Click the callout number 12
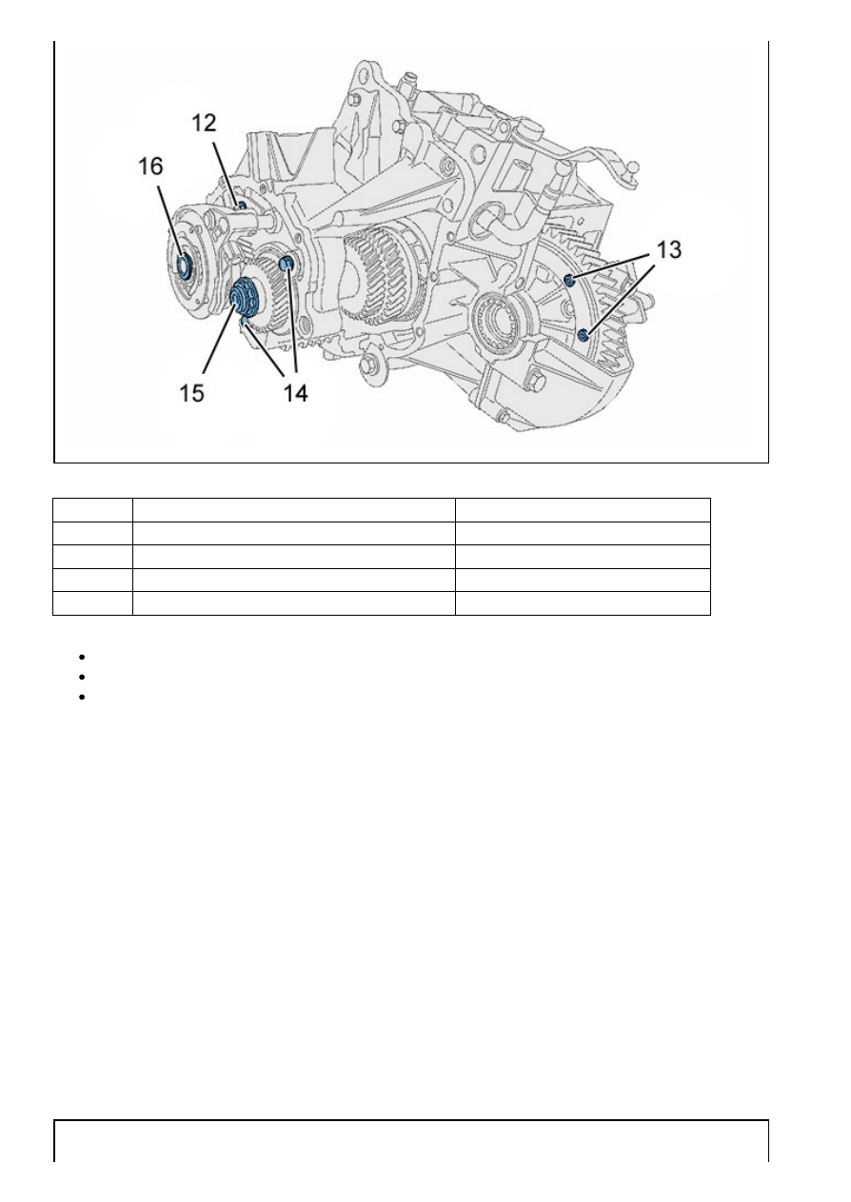pyautogui.click(x=204, y=123)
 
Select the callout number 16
pyautogui.click(x=150, y=167)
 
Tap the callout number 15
pyautogui.click(x=191, y=393)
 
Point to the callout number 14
pyautogui.click(x=295, y=393)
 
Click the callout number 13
pyautogui.click(x=669, y=249)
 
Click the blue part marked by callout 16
pyautogui.click(x=184, y=266)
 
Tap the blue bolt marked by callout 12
pyautogui.click(x=240, y=206)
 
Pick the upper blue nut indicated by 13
pyautogui.click(x=570, y=280)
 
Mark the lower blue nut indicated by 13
pyautogui.click(x=584, y=335)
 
